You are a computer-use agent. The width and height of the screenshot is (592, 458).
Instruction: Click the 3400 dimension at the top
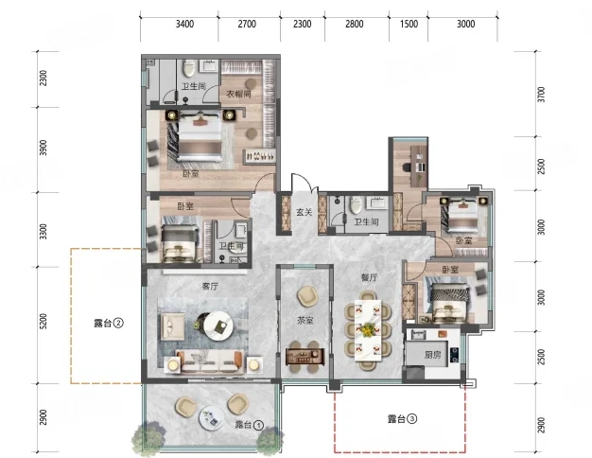pyautogui.click(x=184, y=25)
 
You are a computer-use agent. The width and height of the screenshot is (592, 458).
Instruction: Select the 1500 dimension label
pyautogui.click(x=409, y=25)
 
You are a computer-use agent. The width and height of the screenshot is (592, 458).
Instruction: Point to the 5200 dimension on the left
pyautogui.click(x=44, y=322)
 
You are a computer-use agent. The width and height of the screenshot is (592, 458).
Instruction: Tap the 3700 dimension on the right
pyautogui.click(x=541, y=95)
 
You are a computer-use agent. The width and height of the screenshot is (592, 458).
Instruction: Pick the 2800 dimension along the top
pyautogui.click(x=354, y=25)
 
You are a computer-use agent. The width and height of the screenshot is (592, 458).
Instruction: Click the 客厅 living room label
pyautogui.click(x=210, y=286)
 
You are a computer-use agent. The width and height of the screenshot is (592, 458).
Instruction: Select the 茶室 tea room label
pyautogui.click(x=305, y=321)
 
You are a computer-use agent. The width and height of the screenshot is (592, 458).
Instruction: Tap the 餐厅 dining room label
pyautogui.click(x=369, y=278)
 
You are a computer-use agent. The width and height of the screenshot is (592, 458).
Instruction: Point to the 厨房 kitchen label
pyautogui.click(x=432, y=355)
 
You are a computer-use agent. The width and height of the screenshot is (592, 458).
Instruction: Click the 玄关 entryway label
pyautogui.click(x=304, y=212)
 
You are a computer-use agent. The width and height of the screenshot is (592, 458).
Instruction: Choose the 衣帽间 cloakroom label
pyautogui.click(x=238, y=94)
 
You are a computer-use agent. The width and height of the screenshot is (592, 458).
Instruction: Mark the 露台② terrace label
pyautogui.click(x=109, y=323)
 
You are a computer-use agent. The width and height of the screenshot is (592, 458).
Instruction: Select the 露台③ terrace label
pyautogui.click(x=403, y=418)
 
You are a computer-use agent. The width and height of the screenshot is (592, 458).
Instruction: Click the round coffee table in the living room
pyautogui.click(x=218, y=326)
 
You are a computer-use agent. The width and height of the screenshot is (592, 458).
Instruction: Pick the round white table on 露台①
pyautogui.click(x=212, y=418)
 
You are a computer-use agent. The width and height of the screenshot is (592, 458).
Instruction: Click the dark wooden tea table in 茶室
pyautogui.click(x=305, y=356)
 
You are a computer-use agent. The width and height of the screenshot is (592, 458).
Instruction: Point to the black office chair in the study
pyautogui.click(x=407, y=167)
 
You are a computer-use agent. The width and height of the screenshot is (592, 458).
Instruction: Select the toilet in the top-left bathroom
pyautogui.click(x=189, y=68)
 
